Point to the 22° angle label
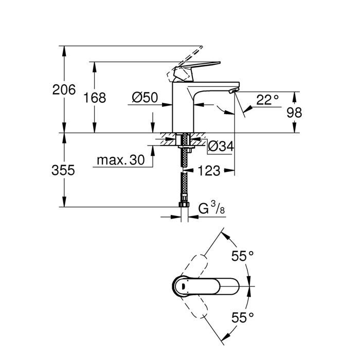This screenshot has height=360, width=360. tap(267, 100)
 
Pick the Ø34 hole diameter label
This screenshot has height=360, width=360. tap(221, 147)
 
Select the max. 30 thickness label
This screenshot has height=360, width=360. tap(120, 160)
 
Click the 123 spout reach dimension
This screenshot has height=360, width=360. tap(209, 170)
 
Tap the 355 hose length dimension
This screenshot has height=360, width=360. tap(64, 170)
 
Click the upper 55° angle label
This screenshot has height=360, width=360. tap(243, 255)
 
